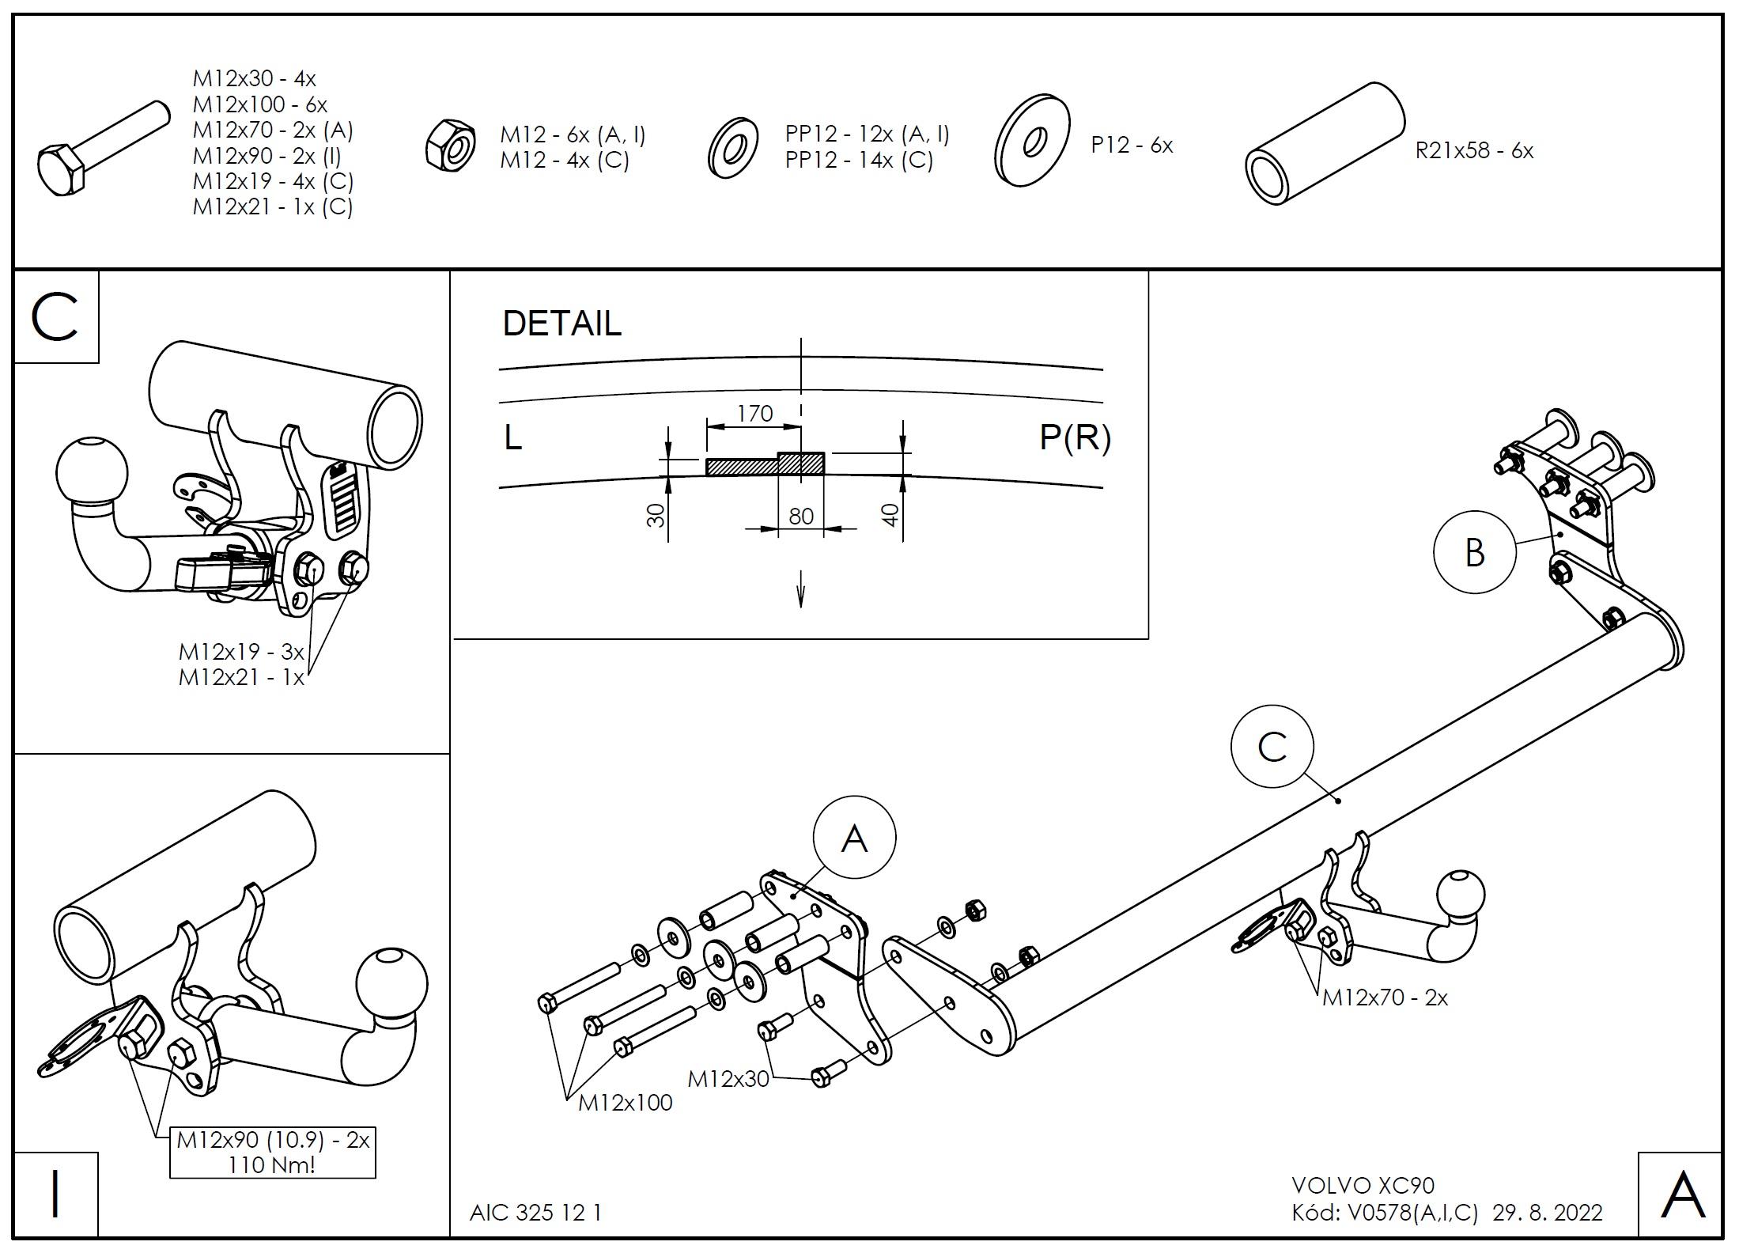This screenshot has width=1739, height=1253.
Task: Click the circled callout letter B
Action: coord(1474,552)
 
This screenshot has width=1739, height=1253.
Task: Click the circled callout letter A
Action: coord(854,838)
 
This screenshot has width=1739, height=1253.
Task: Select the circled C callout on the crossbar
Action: coord(1272,746)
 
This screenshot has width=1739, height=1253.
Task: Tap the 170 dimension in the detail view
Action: coord(754,413)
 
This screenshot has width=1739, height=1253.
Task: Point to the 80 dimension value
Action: coord(801,517)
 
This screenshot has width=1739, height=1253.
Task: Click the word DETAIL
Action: coord(562,324)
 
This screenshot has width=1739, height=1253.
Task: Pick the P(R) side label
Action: coord(1075,437)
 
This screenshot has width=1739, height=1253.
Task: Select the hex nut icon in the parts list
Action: coord(449,144)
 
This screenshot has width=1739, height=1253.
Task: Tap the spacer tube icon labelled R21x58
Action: coord(1324,144)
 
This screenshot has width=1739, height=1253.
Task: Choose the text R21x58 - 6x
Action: coord(1474,150)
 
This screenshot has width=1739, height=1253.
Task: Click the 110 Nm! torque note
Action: coord(271,1164)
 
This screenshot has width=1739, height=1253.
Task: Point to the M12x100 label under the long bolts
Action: coord(625,1102)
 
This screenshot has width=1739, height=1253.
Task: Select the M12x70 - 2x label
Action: coord(1385,997)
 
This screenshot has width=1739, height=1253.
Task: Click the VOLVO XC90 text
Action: coord(1363,1185)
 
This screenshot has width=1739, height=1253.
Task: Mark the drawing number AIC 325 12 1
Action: coord(535,1213)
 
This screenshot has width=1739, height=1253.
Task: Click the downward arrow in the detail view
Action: coord(800,589)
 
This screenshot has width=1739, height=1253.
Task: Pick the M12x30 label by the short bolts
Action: coord(728,1078)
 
